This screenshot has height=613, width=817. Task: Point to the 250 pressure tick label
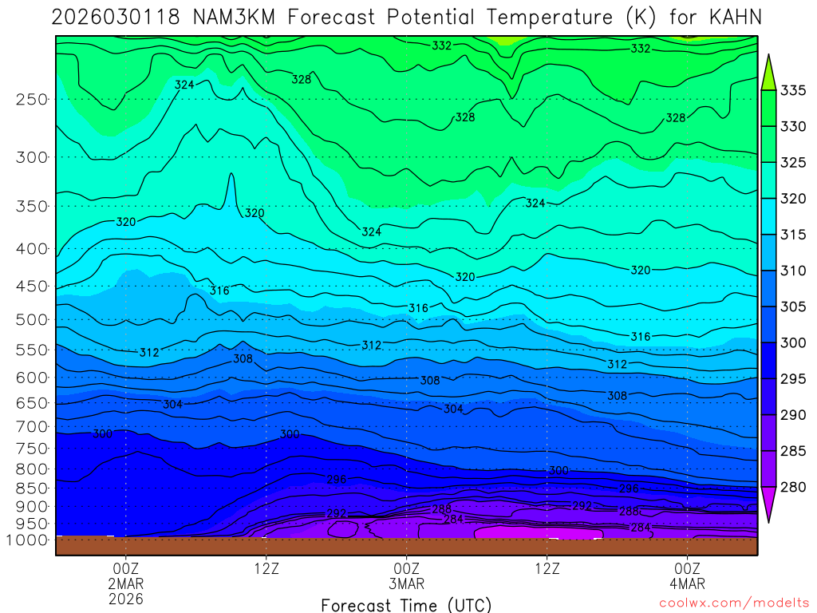click(31, 99)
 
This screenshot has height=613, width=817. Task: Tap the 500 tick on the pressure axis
click(31, 319)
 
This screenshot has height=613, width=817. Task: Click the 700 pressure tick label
click(31, 426)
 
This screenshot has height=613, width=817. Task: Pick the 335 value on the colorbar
click(793, 90)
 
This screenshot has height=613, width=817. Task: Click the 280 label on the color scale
click(793, 487)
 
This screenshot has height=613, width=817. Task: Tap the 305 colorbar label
click(793, 306)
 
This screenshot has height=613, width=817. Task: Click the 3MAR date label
click(407, 583)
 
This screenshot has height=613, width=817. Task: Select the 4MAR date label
click(688, 583)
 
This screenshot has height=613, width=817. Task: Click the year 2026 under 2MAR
click(125, 598)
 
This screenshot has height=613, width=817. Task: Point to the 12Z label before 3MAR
click(266, 568)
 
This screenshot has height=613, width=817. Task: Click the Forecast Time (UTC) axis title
click(407, 604)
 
